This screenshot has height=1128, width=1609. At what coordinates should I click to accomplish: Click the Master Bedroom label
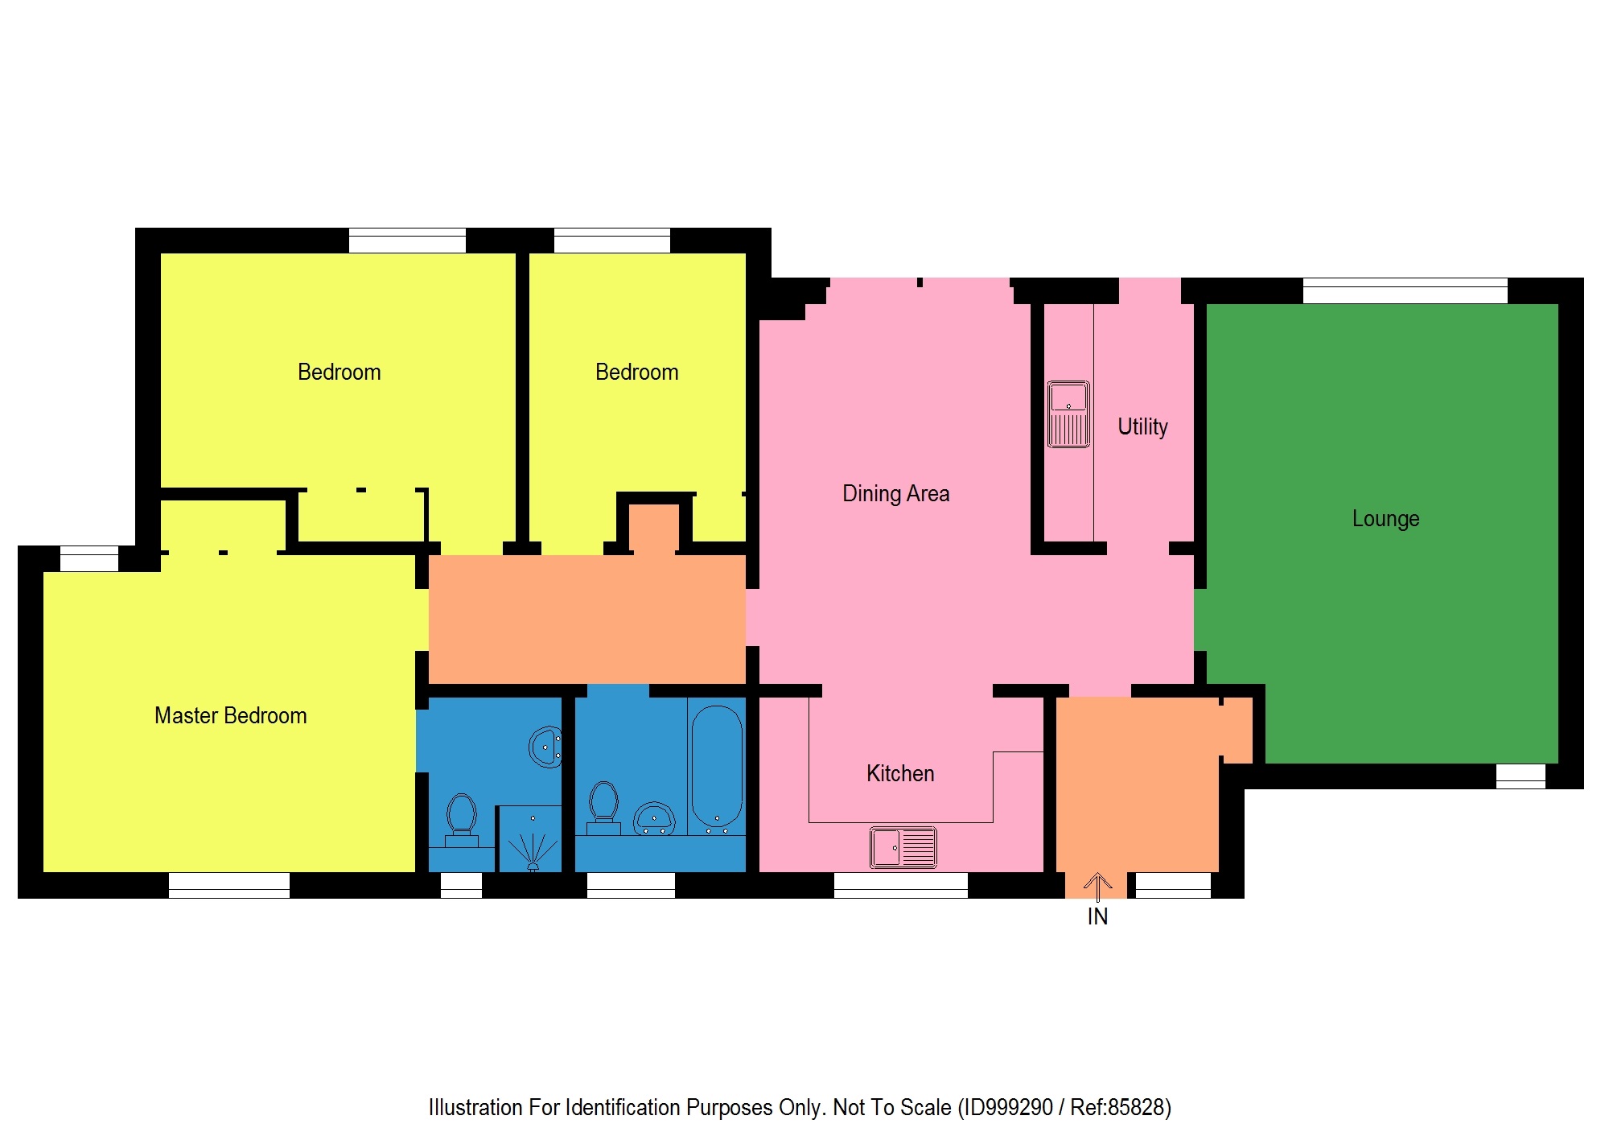click(230, 715)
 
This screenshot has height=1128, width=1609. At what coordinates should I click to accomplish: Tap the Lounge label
click(1385, 519)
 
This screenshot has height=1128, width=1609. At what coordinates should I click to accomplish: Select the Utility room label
click(1142, 426)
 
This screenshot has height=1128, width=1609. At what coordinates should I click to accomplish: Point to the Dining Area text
click(895, 493)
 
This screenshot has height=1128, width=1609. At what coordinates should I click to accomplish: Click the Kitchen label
click(900, 773)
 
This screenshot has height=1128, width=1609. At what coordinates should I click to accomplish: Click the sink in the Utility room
click(1068, 414)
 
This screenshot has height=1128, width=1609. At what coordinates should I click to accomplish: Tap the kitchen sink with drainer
click(903, 847)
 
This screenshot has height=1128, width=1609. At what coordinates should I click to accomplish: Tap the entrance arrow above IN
click(1097, 884)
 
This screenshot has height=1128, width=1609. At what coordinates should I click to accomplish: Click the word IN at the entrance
click(1097, 916)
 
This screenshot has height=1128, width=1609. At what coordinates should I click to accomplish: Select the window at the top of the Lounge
click(1405, 290)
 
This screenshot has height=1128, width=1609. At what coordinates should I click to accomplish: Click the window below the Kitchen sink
click(900, 885)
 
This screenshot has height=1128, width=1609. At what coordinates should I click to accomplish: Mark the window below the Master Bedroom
click(228, 885)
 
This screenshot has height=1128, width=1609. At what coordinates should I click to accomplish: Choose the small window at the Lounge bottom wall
click(1520, 776)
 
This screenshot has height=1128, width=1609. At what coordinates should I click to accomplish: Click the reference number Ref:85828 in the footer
click(1119, 1108)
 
